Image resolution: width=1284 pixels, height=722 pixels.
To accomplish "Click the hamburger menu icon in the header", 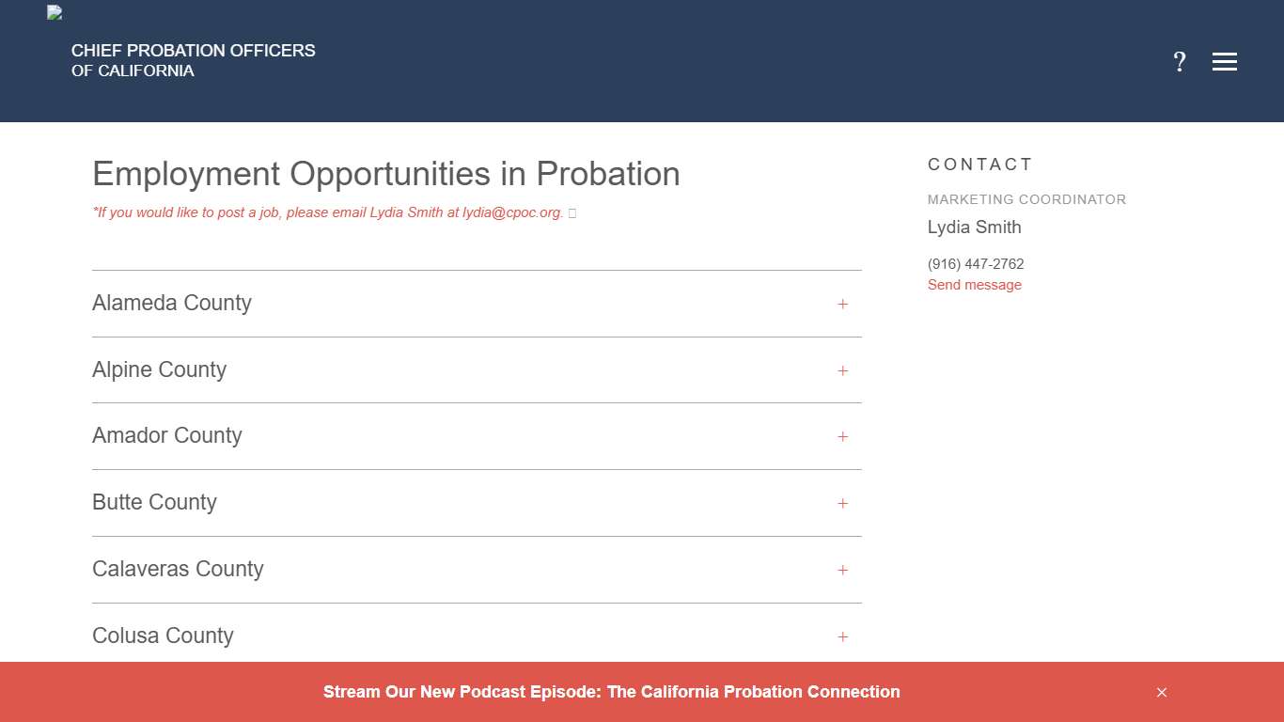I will pyautogui.click(x=1224, y=62).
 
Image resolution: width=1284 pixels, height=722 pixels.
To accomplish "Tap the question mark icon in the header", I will pyautogui.click(x=1180, y=62).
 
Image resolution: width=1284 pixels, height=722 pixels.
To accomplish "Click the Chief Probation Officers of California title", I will pyautogui.click(x=193, y=60).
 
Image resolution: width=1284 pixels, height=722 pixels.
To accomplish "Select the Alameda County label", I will pyautogui.click(x=172, y=303).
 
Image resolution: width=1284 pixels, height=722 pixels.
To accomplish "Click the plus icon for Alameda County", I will pyautogui.click(x=843, y=304).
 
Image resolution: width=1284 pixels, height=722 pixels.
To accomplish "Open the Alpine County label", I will pyautogui.click(x=159, y=369).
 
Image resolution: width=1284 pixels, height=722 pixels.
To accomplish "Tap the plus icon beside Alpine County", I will pyautogui.click(x=843, y=370).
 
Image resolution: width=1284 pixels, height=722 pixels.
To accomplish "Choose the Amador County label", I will pyautogui.click(x=167, y=435).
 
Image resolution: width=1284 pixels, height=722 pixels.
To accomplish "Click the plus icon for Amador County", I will pyautogui.click(x=843, y=436).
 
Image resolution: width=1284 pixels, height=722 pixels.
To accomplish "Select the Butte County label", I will pyautogui.click(x=154, y=502).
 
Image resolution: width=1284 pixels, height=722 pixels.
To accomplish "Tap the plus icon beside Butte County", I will pyautogui.click(x=843, y=503).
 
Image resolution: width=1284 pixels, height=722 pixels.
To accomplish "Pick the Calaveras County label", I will pyautogui.click(x=178, y=569).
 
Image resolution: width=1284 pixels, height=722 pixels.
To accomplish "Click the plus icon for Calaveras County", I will pyautogui.click(x=843, y=570).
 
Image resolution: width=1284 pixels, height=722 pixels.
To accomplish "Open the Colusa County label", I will pyautogui.click(x=163, y=636).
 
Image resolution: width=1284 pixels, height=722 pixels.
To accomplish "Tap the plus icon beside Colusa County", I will pyautogui.click(x=843, y=636).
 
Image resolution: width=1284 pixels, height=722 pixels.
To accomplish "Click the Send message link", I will pyautogui.click(x=974, y=285).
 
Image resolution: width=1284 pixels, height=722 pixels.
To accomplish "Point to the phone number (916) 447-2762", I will pyautogui.click(x=975, y=264).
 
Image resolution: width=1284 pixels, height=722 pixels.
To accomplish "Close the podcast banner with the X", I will pyautogui.click(x=1162, y=692).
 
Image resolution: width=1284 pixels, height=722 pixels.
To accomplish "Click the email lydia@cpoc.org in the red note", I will pyautogui.click(x=512, y=212).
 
